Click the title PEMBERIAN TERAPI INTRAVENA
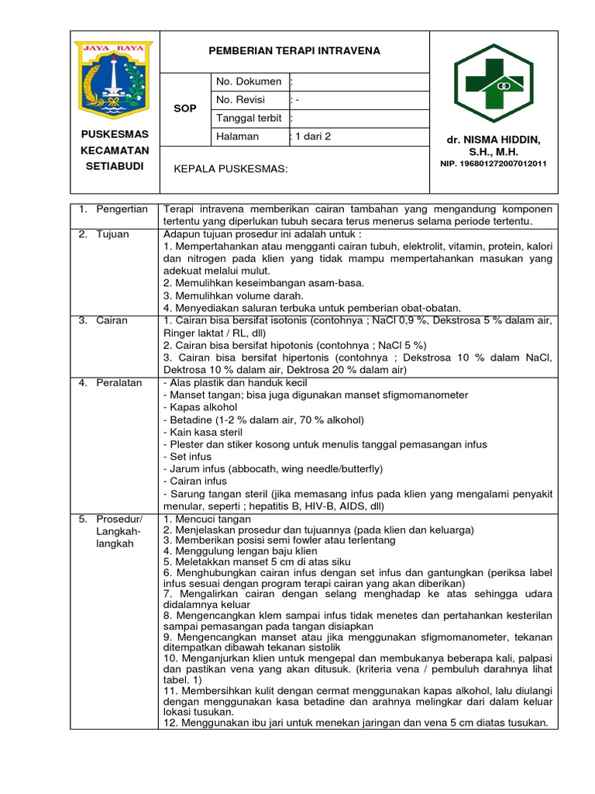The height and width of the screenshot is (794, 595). click(294, 51)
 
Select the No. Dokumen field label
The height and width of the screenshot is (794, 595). click(248, 81)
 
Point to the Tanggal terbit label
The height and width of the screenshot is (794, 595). click(249, 118)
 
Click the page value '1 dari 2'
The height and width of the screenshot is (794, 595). click(311, 136)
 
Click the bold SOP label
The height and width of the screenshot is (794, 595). click(185, 109)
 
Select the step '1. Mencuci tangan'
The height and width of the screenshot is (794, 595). click(207, 518)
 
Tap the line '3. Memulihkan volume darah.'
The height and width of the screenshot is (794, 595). click(233, 295)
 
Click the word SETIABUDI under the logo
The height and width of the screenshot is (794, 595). click(114, 166)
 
